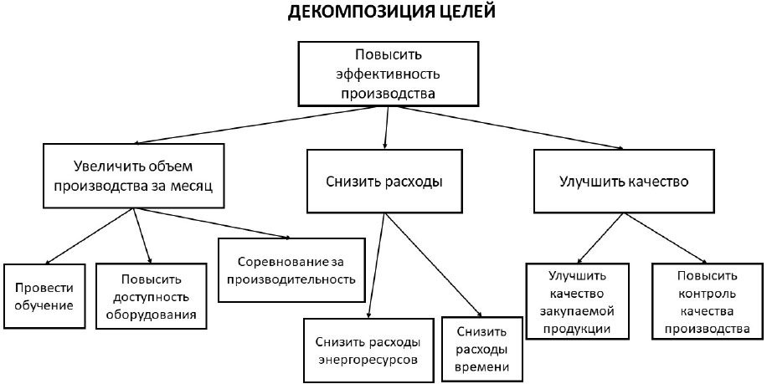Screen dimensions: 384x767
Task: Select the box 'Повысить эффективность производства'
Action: (388, 74)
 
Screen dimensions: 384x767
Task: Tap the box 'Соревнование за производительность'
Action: (291, 270)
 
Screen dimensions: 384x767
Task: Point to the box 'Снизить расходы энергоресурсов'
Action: (368, 351)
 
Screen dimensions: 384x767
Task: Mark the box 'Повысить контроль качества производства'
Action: (707, 302)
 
